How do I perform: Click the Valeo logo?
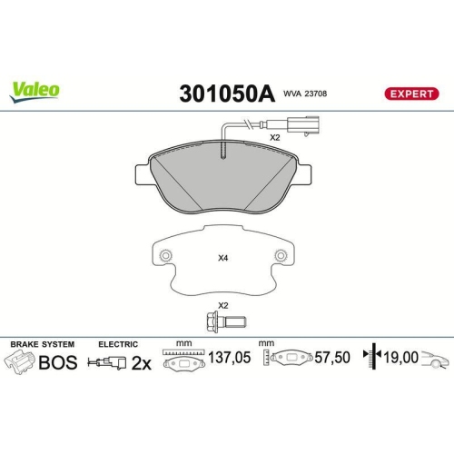(x=35, y=90)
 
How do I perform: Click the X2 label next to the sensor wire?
(x=274, y=138)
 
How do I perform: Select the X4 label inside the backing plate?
(x=223, y=257)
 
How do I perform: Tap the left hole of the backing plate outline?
(x=165, y=256)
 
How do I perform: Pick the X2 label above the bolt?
(x=222, y=306)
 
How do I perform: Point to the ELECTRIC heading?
(x=118, y=344)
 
